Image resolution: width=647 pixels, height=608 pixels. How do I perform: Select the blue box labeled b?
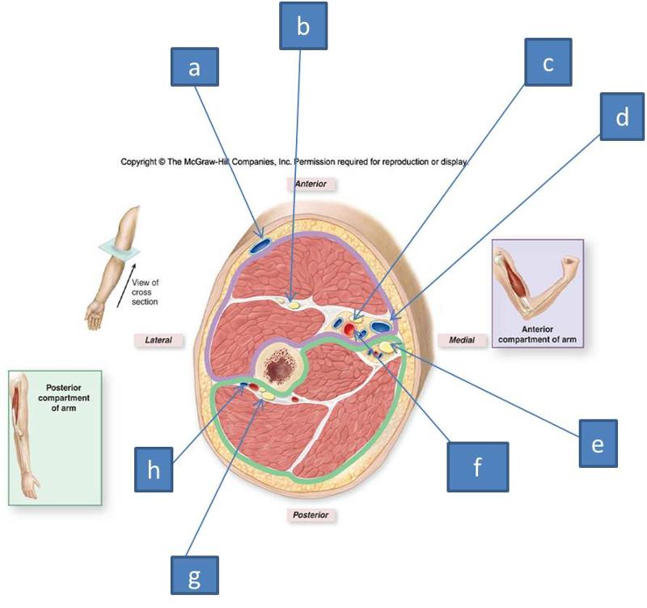click(303, 27)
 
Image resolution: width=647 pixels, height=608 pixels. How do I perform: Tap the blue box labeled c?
click(548, 62)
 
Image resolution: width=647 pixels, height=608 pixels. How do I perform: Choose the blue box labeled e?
click(598, 444)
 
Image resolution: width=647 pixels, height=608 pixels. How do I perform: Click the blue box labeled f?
click(478, 466)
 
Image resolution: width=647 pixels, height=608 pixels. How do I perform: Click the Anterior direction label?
click(310, 184)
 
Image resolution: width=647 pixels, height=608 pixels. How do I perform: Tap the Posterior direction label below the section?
click(311, 514)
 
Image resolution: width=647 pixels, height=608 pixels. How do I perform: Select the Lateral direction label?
click(158, 340)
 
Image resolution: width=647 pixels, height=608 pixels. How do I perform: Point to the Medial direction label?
click(461, 340)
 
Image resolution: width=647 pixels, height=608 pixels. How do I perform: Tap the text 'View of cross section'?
click(145, 291)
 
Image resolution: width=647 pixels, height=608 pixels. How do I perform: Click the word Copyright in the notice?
click(143, 161)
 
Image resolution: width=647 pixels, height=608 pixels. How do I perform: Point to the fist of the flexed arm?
click(569, 264)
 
